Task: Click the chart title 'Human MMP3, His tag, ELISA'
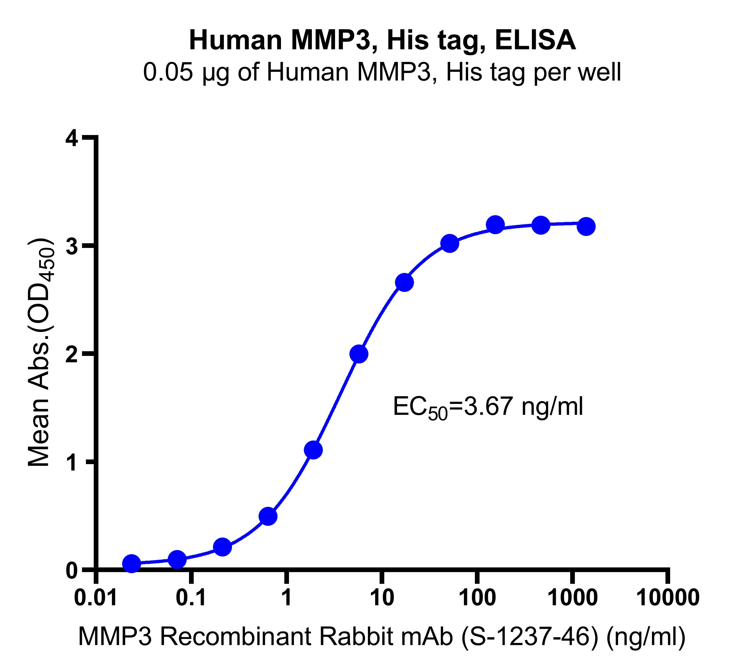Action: (382, 41)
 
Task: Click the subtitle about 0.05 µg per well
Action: (382, 73)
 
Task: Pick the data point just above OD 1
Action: (313, 450)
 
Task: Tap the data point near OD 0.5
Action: (268, 516)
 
